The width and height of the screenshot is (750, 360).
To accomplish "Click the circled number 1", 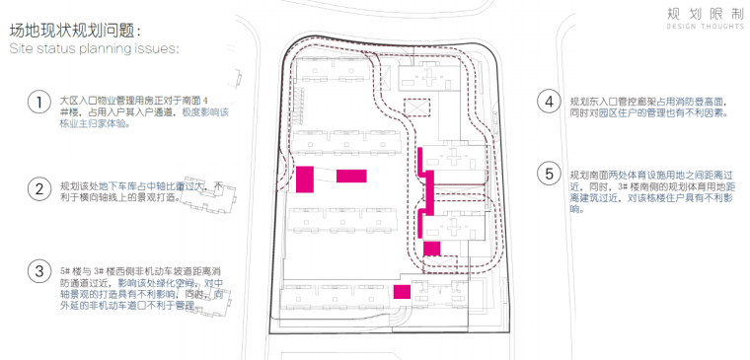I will [x=38, y=103].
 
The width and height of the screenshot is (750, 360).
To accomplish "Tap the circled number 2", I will [x=38, y=188].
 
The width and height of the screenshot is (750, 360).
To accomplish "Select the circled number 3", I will [x=38, y=270].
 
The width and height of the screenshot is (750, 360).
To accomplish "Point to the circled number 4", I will [x=549, y=103].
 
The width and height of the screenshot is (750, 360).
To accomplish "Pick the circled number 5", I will [x=549, y=175].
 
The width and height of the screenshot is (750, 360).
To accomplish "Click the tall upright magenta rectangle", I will [x=305, y=179].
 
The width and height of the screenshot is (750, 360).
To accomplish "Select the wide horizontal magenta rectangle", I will [x=351, y=176].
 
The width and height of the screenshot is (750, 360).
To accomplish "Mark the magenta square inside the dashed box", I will [x=431, y=249].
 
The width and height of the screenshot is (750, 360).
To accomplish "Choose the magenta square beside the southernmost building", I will [x=401, y=291].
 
